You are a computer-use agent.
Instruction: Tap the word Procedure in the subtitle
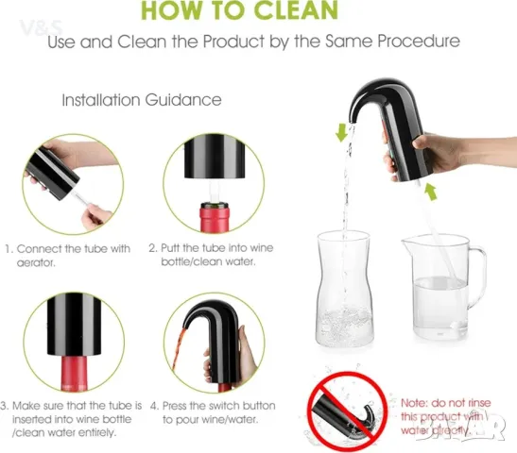pos(419,42)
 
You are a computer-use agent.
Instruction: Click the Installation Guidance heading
pos(142,100)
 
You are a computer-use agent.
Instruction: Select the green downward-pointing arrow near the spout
pos(341,132)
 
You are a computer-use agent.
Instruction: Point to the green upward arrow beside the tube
pos(431,192)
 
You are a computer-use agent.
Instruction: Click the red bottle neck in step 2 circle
pos(215,218)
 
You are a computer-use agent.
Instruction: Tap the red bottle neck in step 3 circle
pos(74,374)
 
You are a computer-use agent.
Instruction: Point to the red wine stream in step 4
pos(178,352)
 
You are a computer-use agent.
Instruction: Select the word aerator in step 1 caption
pos(36,262)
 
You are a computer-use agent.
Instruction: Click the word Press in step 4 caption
pos(178,406)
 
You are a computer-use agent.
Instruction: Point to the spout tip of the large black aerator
pos(353,121)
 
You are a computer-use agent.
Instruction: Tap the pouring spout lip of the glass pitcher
pos(405,243)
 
